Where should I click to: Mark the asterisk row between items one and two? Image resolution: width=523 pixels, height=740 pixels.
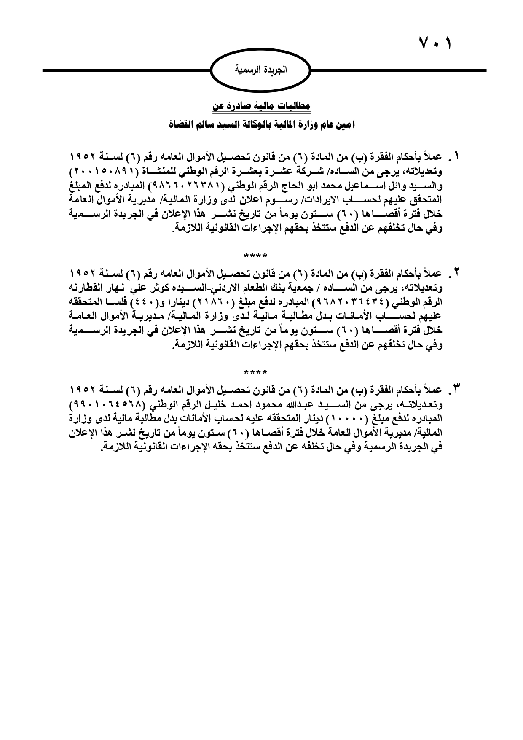point(255,256)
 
